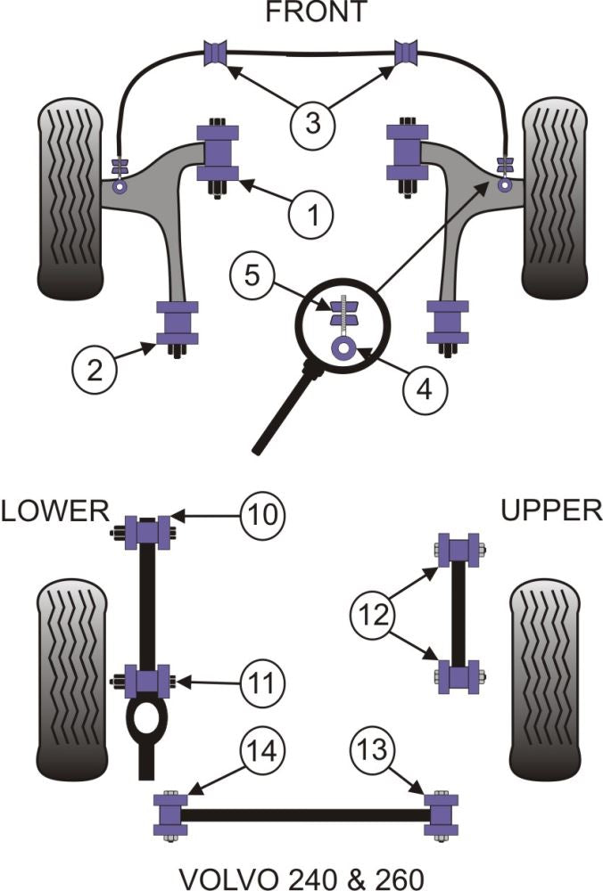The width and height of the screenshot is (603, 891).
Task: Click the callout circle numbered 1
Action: (x=310, y=214)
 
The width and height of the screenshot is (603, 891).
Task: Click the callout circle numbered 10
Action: (x=262, y=514)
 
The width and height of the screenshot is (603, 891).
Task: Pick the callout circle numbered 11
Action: (x=262, y=684)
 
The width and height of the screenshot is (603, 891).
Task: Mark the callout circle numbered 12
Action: (x=371, y=613)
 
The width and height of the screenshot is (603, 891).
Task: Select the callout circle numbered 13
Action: (x=372, y=751)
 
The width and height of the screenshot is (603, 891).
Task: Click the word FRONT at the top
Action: (x=303, y=12)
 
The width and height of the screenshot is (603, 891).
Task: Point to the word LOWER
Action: (x=54, y=511)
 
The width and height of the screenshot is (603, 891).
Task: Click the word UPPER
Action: (x=550, y=511)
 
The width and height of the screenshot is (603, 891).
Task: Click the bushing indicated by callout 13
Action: (x=441, y=813)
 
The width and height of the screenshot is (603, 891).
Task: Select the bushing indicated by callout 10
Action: (x=149, y=534)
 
